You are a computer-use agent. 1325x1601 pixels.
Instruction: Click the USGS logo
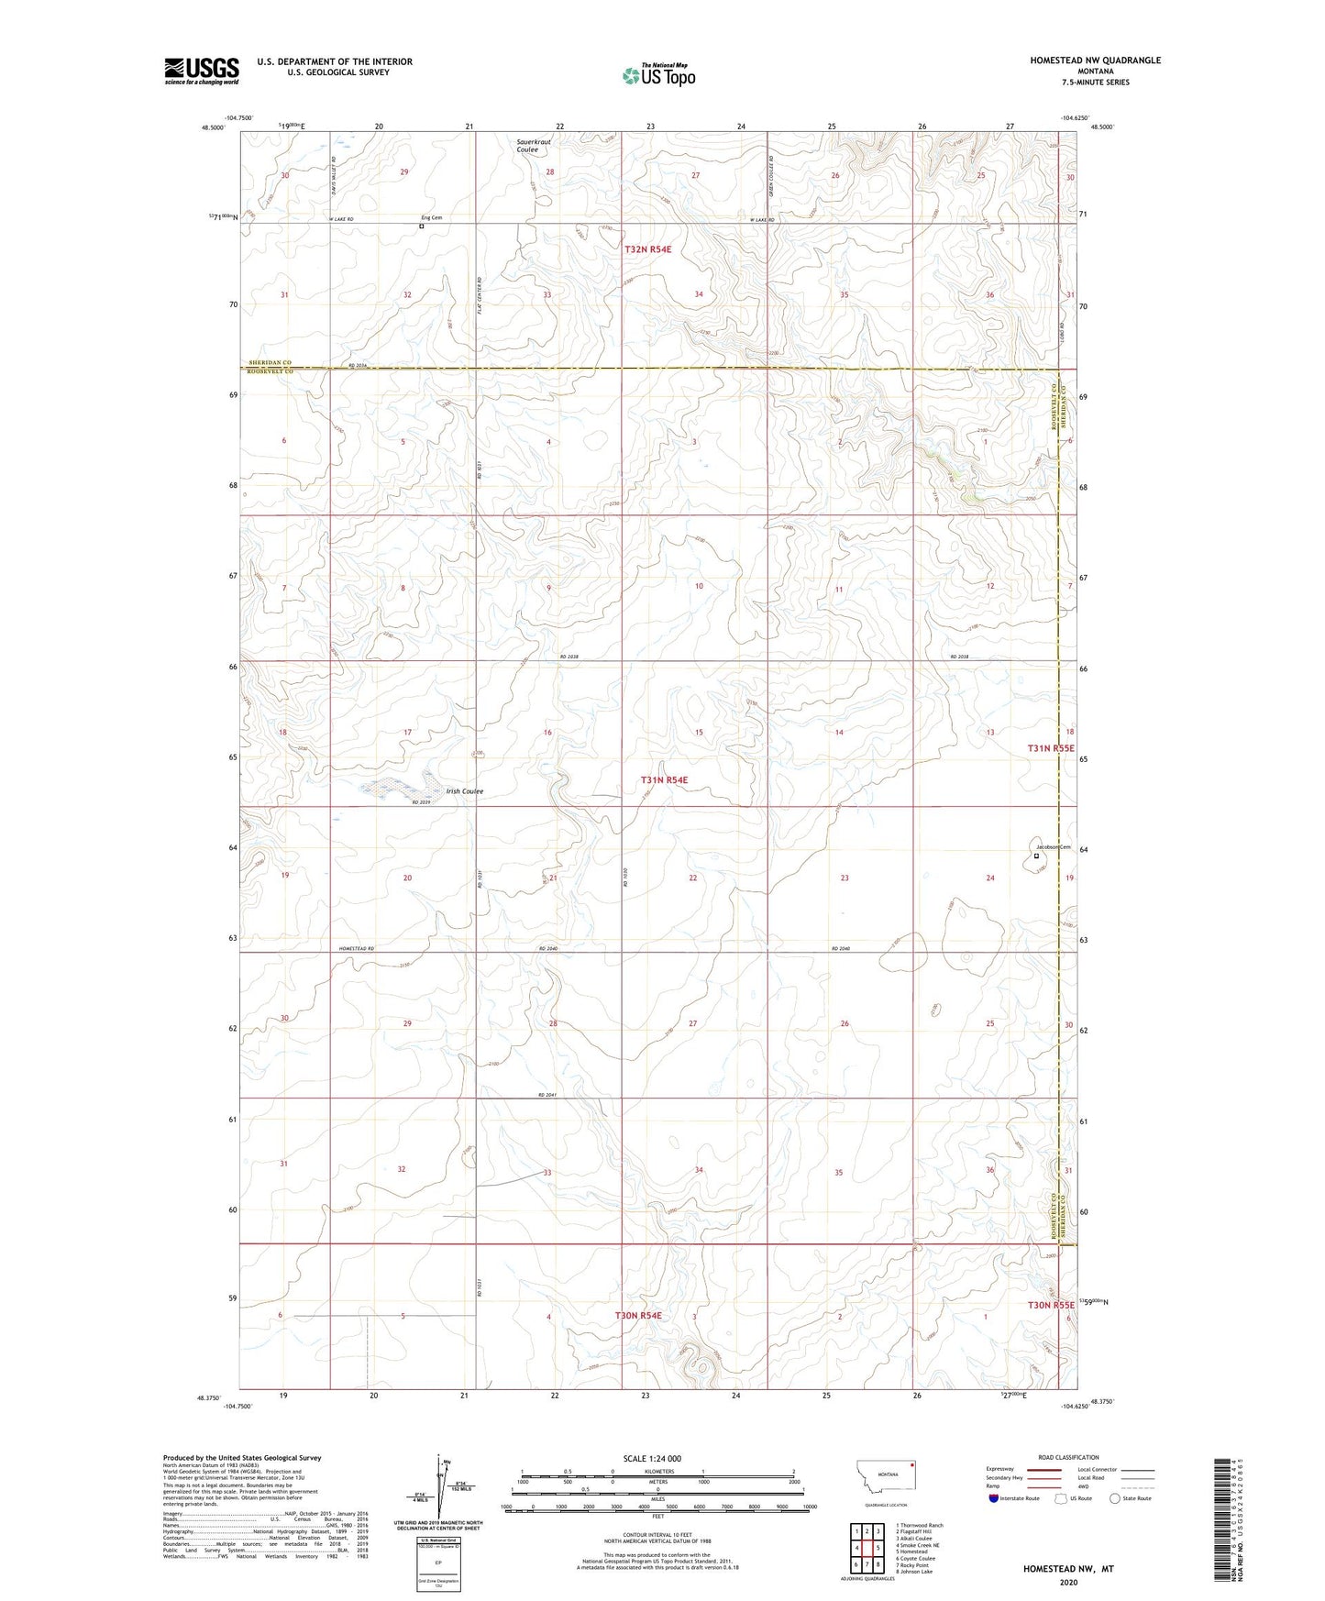pos(202,71)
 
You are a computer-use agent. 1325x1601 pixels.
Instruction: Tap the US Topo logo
pos(658,75)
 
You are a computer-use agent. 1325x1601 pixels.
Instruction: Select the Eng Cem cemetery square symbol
pos(422,226)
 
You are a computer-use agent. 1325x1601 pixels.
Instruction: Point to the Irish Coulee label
pos(465,791)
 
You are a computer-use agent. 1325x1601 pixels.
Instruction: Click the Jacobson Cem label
pos(1054,847)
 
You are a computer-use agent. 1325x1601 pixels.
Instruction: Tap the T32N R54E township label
pos(655,249)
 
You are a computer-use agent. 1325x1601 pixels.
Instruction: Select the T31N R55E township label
pos(1050,748)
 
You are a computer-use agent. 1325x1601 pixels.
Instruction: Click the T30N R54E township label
pos(638,1316)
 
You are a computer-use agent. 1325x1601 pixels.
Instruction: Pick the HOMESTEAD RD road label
pos(357,948)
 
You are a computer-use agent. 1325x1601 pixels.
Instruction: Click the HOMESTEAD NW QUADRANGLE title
pos(1095,61)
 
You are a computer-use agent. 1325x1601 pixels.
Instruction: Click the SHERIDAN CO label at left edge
pos(270,362)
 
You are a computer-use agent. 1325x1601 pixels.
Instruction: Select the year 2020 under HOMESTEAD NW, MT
pos(1068,1582)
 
